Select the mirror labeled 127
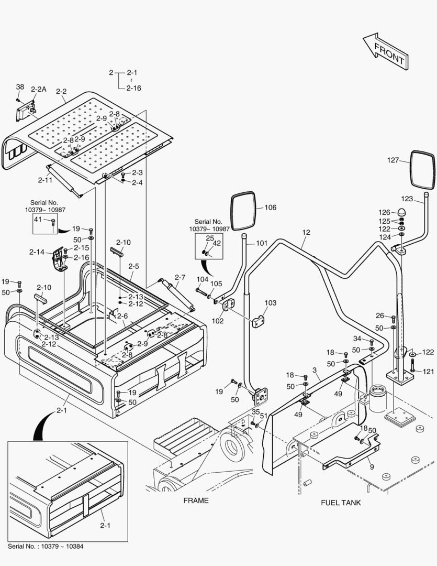[422, 170]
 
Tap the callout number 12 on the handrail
[306, 232]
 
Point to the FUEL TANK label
[341, 503]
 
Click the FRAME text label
[196, 500]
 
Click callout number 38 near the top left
[20, 87]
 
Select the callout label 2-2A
[38, 90]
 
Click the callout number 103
[270, 303]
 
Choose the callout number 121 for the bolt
[429, 372]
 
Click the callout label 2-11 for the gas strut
[45, 180]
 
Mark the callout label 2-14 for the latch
[37, 252]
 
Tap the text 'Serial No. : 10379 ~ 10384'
[45, 546]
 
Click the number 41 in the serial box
[37, 220]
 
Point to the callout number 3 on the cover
[315, 371]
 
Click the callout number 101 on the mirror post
[261, 243]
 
